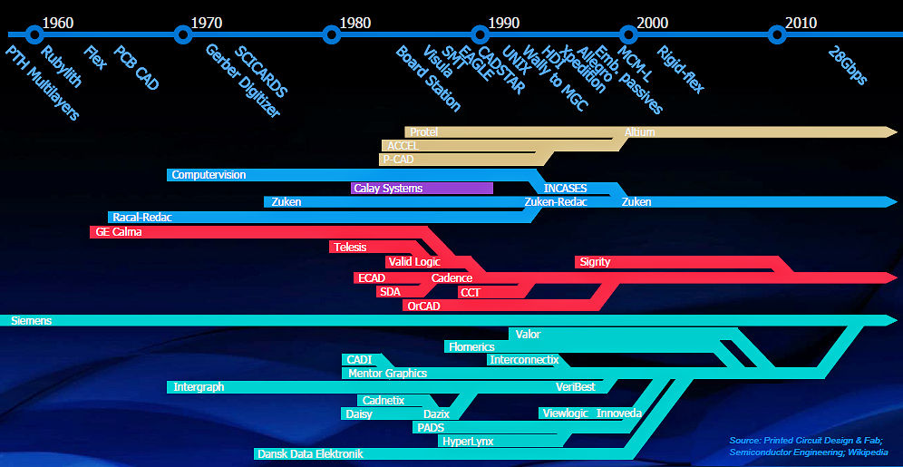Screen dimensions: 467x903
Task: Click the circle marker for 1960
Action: click(34, 35)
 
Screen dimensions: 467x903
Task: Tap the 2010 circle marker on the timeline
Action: click(776, 35)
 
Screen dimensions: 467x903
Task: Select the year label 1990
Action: click(503, 21)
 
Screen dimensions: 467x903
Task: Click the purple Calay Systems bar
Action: click(422, 189)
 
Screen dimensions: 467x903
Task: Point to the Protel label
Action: click(423, 132)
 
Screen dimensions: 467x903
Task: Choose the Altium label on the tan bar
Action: click(639, 132)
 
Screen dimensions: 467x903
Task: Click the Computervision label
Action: click(209, 175)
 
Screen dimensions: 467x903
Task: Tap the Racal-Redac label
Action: click(142, 218)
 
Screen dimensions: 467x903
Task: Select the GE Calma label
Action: click(119, 232)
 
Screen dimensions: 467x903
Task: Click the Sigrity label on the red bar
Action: click(595, 262)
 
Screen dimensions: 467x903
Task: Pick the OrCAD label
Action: click(423, 306)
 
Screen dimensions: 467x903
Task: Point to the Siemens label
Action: click(31, 321)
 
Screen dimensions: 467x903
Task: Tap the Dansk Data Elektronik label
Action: click(310, 454)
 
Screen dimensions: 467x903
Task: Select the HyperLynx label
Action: click(468, 442)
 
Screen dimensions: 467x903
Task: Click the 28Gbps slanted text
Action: click(849, 65)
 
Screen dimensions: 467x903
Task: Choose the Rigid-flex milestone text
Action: click(680, 70)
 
